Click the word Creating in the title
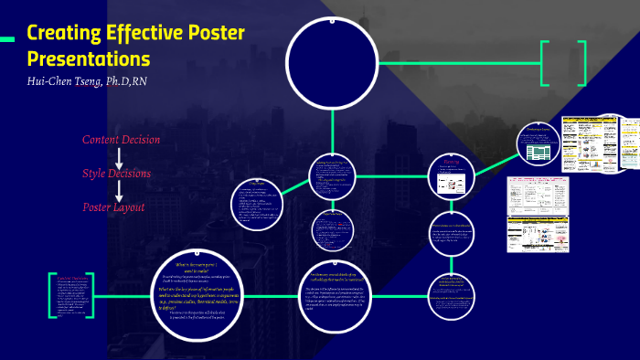[x=63, y=35]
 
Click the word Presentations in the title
[x=89, y=59]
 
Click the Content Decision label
[x=121, y=140]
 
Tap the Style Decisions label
[x=116, y=173]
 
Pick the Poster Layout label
[x=113, y=207]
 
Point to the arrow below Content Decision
[x=119, y=156]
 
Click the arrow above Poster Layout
[x=119, y=190]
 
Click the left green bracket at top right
[x=546, y=63]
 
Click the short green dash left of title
[x=7, y=38]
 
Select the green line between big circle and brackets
[x=457, y=63]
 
